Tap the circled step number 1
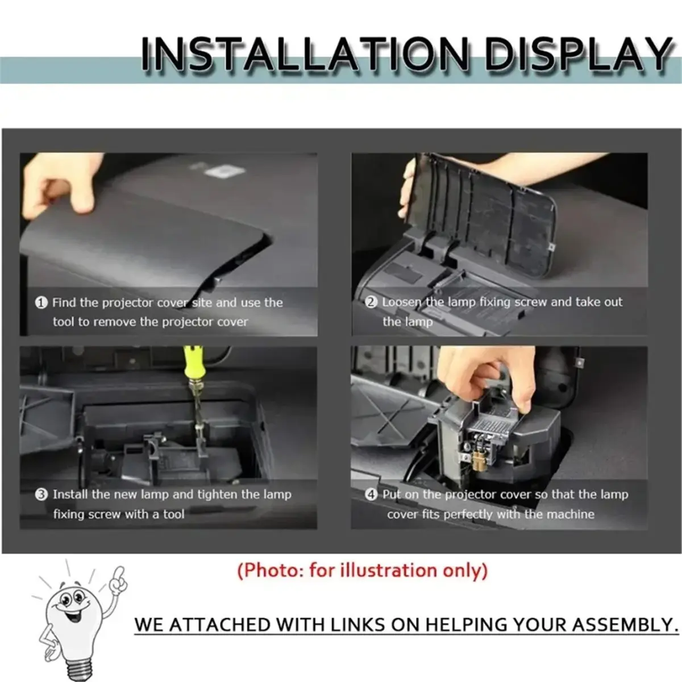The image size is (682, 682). [41, 302]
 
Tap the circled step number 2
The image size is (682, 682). [371, 302]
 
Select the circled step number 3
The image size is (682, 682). [41, 494]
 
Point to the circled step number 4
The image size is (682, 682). [371, 494]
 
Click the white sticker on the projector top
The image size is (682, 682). [224, 171]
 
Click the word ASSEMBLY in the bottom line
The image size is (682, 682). [625, 625]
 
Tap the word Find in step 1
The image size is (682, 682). [64, 302]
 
